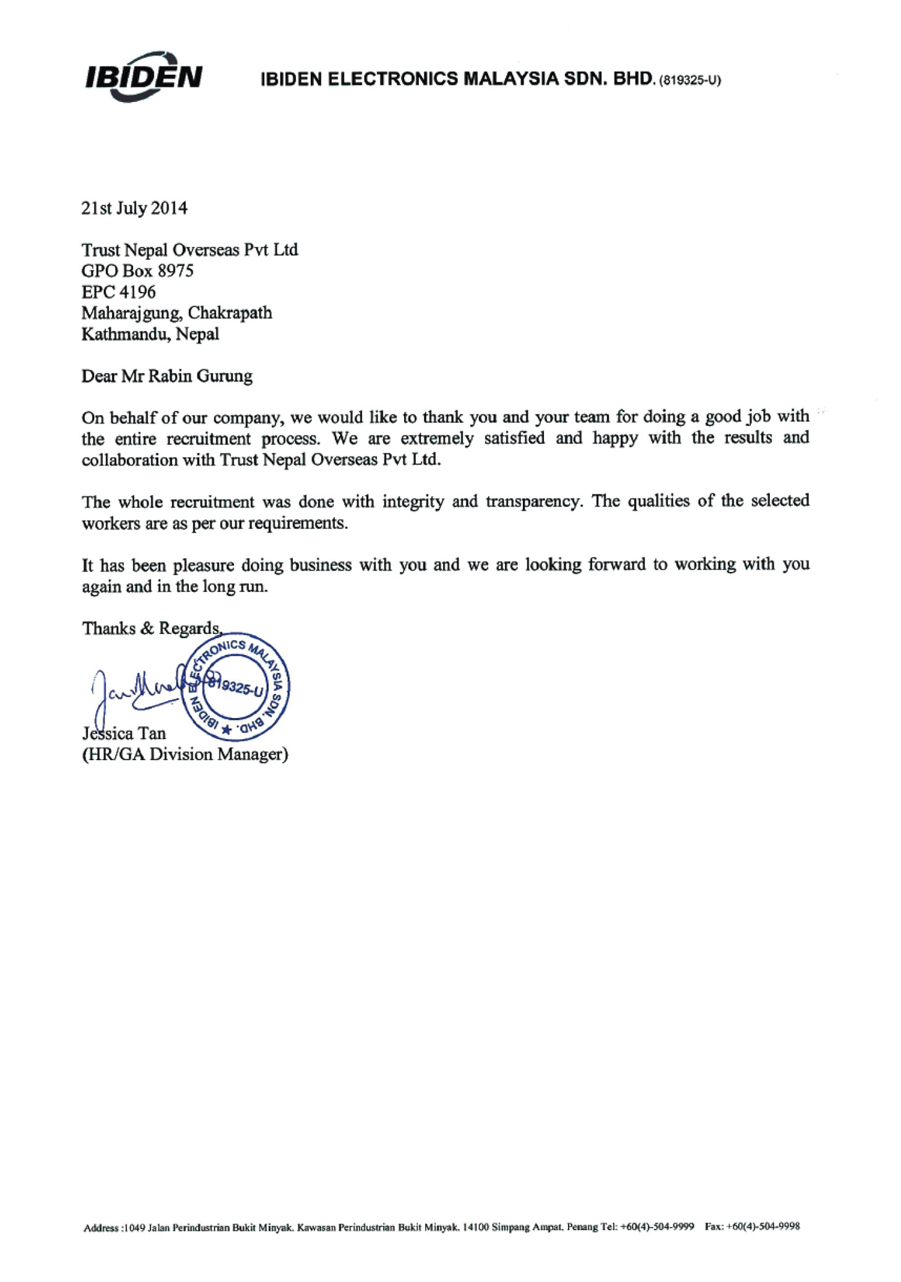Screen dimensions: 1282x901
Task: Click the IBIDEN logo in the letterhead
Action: click(x=143, y=77)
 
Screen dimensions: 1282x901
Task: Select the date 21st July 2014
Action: click(x=134, y=208)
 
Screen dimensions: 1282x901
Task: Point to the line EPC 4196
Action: click(x=119, y=292)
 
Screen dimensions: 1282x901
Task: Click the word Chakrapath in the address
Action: click(x=230, y=313)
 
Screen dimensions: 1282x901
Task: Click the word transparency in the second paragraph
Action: click(x=533, y=501)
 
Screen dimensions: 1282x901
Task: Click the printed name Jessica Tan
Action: click(x=124, y=733)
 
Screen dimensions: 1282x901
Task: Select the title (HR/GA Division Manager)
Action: click(x=185, y=754)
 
